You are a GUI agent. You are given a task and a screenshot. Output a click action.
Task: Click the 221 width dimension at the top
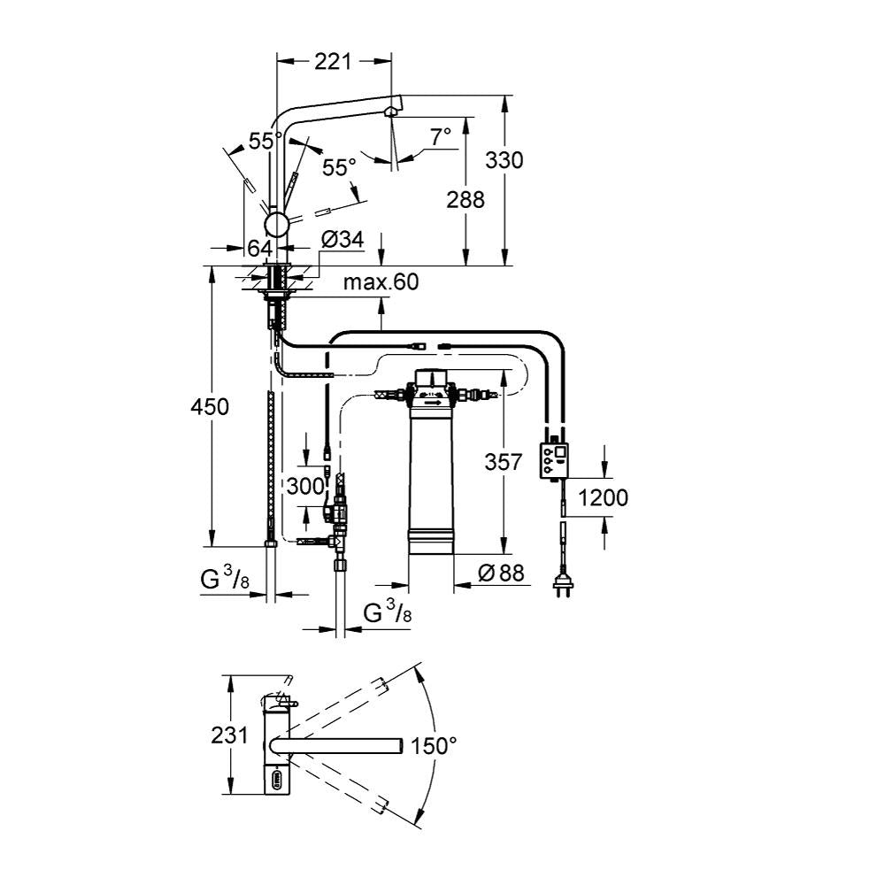pos(333,62)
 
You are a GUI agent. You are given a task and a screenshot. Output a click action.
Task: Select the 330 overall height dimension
pos(504,160)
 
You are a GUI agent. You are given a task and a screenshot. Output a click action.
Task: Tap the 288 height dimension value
pos(466,200)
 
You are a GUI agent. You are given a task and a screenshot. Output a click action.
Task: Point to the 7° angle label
pos(440,136)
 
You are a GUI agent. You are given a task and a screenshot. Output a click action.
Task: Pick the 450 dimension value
pos(211,406)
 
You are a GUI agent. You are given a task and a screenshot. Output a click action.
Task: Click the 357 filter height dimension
pos(502,461)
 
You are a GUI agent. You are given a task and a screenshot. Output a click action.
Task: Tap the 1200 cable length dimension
pos(604,497)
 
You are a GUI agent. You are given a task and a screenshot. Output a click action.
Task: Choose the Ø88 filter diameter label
pos(501,573)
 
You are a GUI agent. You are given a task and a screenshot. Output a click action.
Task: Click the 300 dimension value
pos(304,485)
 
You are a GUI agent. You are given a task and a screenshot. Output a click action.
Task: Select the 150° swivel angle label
pos(433,746)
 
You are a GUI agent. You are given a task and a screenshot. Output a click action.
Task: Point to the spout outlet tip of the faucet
pos(391,111)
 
